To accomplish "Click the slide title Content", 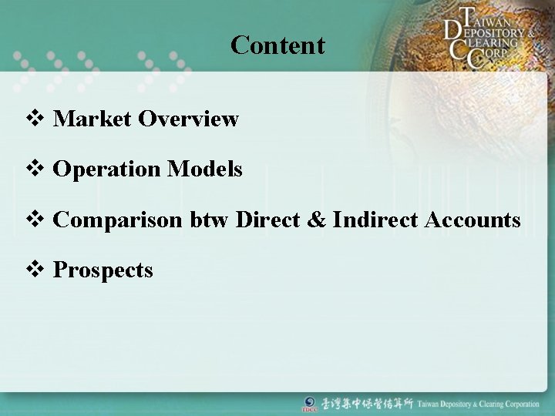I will [x=277, y=45].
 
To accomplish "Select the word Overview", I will [x=189, y=119].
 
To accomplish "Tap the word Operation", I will [x=106, y=169].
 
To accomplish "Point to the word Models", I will [x=204, y=169].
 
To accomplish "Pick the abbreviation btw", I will [x=210, y=220].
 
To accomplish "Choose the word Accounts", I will [x=473, y=220].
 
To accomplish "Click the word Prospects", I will [x=103, y=270].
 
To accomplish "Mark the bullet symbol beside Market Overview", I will [x=35, y=119].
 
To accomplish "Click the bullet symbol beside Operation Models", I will [x=35, y=169].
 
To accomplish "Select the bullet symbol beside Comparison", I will [x=35, y=220].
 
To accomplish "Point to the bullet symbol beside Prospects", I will [x=35, y=270].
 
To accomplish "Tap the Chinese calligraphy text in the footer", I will [x=367, y=404].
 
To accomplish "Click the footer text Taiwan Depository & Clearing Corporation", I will [x=479, y=404].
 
